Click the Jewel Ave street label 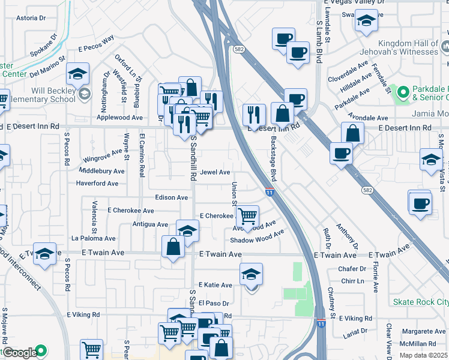click(215, 172)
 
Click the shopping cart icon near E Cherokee click(247, 215)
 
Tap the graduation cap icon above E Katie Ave click(251, 274)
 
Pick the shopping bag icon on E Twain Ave click(173, 247)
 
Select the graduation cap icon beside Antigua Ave click(187, 230)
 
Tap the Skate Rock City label click(420, 301)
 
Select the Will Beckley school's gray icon click(85, 94)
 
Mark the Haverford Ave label click(101, 183)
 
